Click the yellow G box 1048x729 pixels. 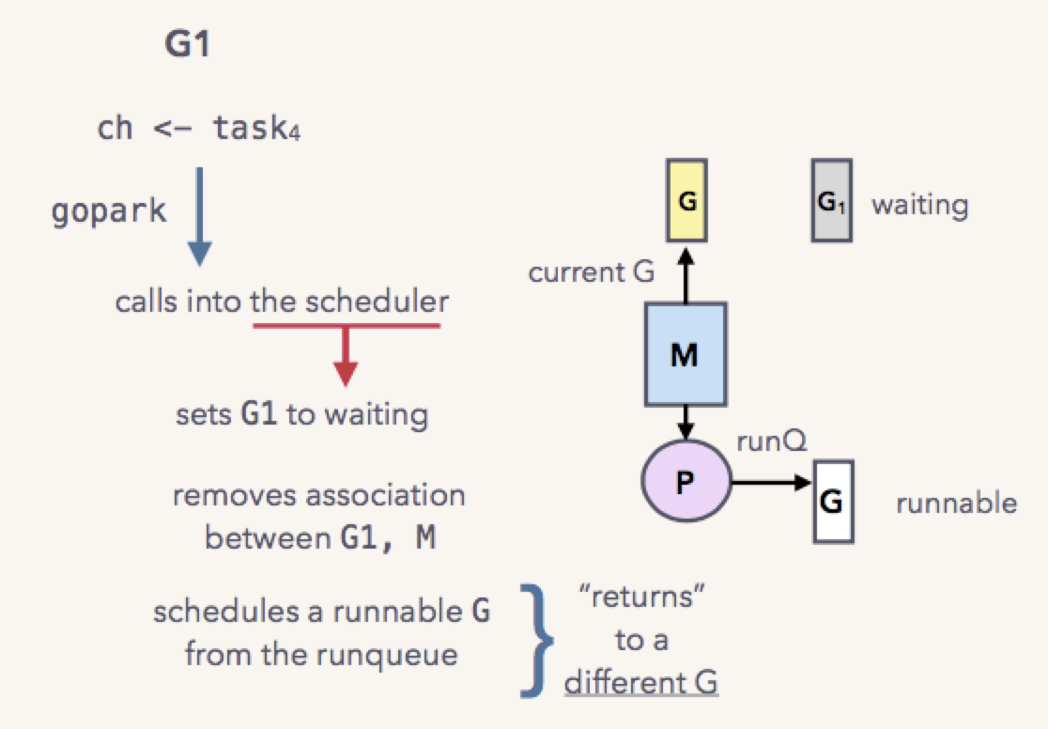point(686,201)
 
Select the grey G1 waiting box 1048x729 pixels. point(831,201)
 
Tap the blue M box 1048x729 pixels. point(686,354)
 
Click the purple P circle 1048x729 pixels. point(686,481)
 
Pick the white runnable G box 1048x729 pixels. point(833,502)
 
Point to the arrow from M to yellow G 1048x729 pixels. point(686,275)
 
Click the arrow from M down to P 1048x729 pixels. point(686,424)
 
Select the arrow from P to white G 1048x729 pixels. point(771,482)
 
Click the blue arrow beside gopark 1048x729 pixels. point(199,217)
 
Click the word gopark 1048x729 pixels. point(108,211)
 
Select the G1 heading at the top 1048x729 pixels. point(187,44)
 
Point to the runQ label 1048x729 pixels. point(771,442)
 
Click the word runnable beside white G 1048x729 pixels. point(956,503)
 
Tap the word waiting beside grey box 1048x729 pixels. point(919,205)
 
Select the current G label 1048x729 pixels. point(591,272)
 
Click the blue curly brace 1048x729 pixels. point(537,641)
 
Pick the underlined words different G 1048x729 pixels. point(641,683)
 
